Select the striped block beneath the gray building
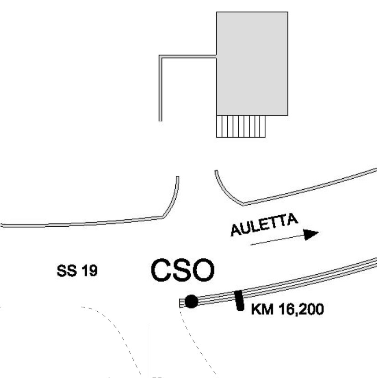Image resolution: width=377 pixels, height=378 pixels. [241, 126]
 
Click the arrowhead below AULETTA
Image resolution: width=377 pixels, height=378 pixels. [312, 234]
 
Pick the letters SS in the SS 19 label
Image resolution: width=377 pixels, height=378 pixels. [66, 272]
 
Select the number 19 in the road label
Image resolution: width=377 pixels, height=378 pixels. [89, 272]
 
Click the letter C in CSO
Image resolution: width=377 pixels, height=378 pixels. [162, 271]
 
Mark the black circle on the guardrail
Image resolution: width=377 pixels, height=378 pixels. [191, 301]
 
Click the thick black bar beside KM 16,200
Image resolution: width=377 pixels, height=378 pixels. [238, 300]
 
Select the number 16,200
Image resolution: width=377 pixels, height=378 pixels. [300, 310]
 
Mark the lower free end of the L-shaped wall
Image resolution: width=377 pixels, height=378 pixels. [160, 120]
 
